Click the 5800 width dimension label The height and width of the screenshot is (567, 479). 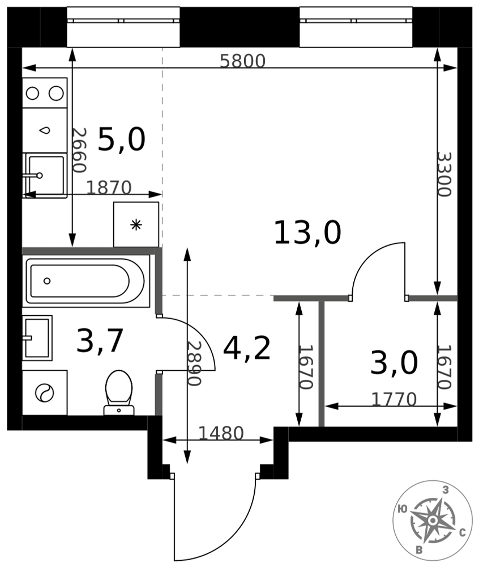pos(242,61)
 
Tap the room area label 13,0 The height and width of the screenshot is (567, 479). pos(307,233)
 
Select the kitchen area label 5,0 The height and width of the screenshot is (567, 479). pos(122,139)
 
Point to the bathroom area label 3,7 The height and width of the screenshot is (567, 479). pos(100,340)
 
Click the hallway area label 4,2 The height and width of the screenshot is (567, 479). pos(247,348)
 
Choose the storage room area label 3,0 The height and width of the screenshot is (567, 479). pos(394,363)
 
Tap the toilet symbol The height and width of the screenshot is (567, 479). pos(119,392)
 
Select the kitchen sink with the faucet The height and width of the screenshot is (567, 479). pos(45,175)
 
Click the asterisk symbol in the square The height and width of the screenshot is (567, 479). pos(136,225)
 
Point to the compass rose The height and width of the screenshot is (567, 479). pos(433,521)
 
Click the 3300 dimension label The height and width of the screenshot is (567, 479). pos(444,174)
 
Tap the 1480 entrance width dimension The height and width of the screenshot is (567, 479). pos(221,433)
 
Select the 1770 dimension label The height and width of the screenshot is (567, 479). pos(394,399)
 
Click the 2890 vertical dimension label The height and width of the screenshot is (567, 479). pos(194,363)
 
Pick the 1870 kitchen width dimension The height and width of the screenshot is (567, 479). pos(109,187)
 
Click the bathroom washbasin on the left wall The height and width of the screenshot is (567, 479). pos(37,338)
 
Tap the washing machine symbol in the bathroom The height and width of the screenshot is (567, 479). pos(45,392)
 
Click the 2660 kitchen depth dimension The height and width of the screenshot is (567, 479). pos(79,150)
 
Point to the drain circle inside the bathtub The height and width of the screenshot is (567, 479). pos(47,281)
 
